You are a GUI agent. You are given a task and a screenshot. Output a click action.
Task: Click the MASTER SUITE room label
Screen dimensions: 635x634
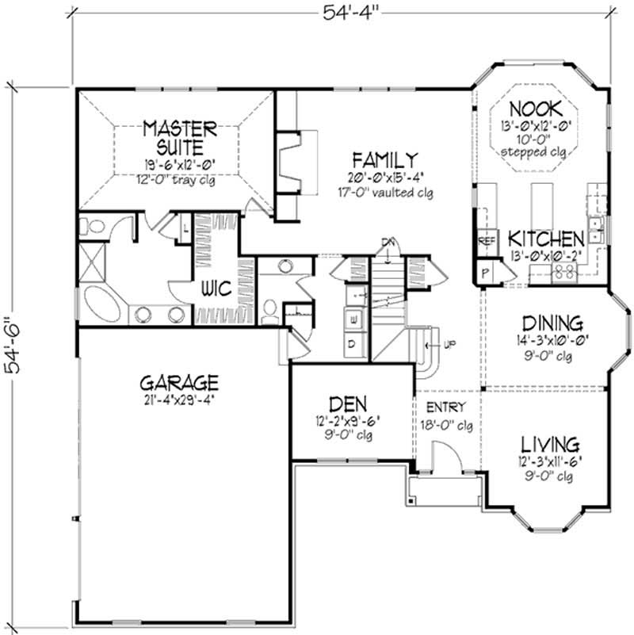pyautogui.click(x=181, y=136)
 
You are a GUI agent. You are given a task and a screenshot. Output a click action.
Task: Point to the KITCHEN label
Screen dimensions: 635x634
pyautogui.click(x=546, y=239)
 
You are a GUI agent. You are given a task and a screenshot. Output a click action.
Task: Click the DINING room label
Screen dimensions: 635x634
pyautogui.click(x=553, y=323)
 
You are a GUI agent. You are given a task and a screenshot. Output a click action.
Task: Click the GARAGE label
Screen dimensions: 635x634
pyautogui.click(x=181, y=381)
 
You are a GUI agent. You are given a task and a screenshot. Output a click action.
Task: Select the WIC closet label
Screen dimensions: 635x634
pyautogui.click(x=215, y=289)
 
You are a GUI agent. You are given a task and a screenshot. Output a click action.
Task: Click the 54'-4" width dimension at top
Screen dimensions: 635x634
pyautogui.click(x=343, y=11)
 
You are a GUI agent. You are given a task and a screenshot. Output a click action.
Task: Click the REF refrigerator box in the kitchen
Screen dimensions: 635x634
pyautogui.click(x=484, y=239)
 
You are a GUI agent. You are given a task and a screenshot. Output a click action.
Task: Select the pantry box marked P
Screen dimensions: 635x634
pyautogui.click(x=485, y=272)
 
